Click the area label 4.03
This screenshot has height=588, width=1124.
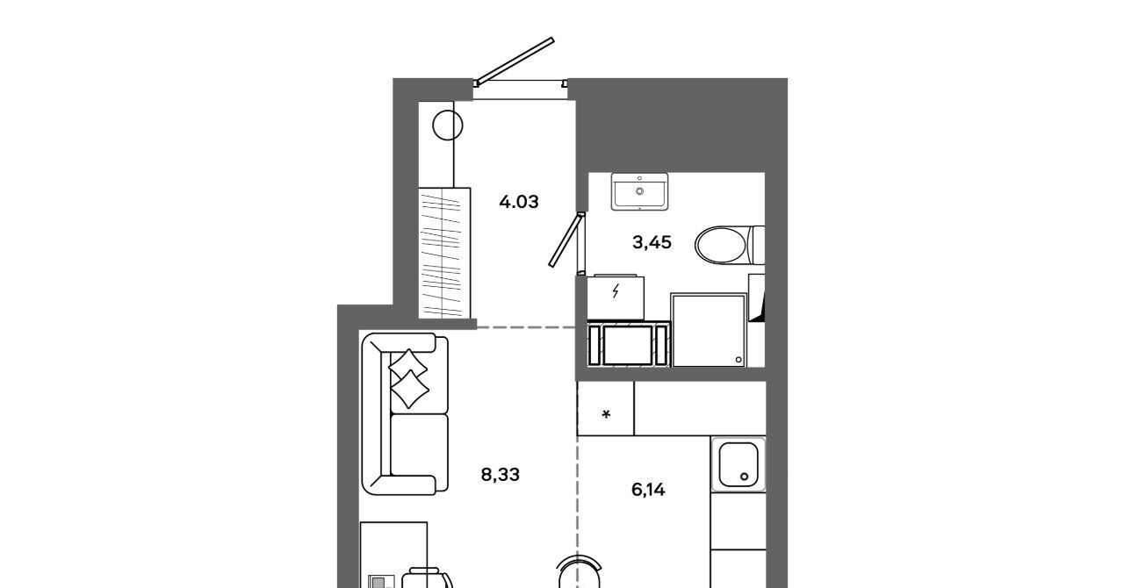pyautogui.click(x=519, y=202)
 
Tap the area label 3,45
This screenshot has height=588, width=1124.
pyautogui.click(x=652, y=243)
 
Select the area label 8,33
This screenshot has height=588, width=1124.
pyautogui.click(x=501, y=475)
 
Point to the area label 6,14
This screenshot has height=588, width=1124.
pyautogui.click(x=648, y=489)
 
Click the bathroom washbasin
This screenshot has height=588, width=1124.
pyautogui.click(x=640, y=191)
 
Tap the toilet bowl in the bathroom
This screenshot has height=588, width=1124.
pyautogui.click(x=723, y=245)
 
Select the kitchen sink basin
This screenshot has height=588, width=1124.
pyautogui.click(x=739, y=464)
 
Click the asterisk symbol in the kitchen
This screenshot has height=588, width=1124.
pyautogui.click(x=606, y=414)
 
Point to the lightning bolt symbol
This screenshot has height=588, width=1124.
pyautogui.click(x=616, y=290)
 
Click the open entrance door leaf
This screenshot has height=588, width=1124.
pyautogui.click(x=515, y=61)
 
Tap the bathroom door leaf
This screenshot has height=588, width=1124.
pyautogui.click(x=566, y=240)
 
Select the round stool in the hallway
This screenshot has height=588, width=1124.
pyautogui.click(x=448, y=125)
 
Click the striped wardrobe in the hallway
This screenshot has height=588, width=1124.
pyautogui.click(x=444, y=254)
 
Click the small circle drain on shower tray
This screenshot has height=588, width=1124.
pyautogui.click(x=739, y=360)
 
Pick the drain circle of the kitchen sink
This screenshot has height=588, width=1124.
pyautogui.click(x=744, y=477)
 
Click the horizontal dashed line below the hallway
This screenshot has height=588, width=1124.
pyautogui.click(x=526, y=327)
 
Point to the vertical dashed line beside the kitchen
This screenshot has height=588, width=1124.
pyautogui.click(x=578, y=512)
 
